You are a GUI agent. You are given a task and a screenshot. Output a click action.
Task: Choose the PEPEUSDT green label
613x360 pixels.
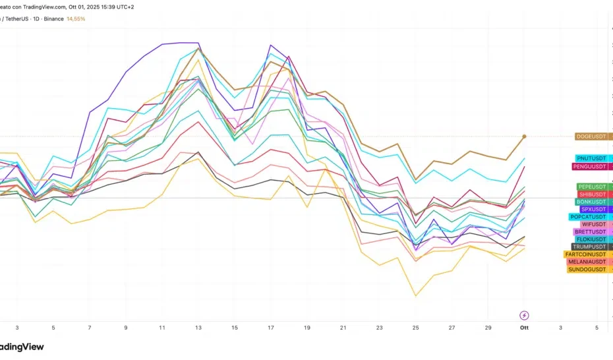coord(591,187)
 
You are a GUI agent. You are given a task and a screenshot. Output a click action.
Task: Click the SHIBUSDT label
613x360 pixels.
coord(591,195)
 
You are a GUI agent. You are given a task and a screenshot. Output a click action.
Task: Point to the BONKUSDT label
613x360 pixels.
coord(591,202)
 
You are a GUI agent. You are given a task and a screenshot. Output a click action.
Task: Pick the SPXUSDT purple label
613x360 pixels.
coord(593,209)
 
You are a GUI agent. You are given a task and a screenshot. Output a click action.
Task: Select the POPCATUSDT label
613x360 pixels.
coord(588,217)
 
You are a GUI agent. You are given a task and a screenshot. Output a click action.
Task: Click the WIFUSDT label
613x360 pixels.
coord(593,224)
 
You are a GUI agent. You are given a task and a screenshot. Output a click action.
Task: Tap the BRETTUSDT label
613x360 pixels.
coord(589,232)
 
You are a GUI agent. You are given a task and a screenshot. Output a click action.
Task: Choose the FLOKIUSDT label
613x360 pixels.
coord(591,239)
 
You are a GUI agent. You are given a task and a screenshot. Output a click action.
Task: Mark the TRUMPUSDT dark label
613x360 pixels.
coord(589,247)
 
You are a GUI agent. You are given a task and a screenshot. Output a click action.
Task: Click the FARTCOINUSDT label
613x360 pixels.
coord(585,255)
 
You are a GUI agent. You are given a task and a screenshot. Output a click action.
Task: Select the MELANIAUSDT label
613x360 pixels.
coord(587,262)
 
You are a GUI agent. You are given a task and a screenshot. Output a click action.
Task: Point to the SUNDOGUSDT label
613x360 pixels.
coord(587,269)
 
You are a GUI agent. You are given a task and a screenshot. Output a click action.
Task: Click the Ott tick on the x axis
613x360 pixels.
coord(524,327)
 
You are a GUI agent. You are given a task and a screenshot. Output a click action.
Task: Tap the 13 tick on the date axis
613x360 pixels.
coord(198,327)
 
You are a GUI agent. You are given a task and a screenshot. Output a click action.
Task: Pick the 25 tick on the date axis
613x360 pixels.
coord(415,327)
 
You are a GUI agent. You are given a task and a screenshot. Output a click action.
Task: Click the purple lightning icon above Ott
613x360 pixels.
coord(525,315)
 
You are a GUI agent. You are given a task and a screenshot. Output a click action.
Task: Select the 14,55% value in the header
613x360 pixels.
coord(76,19)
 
